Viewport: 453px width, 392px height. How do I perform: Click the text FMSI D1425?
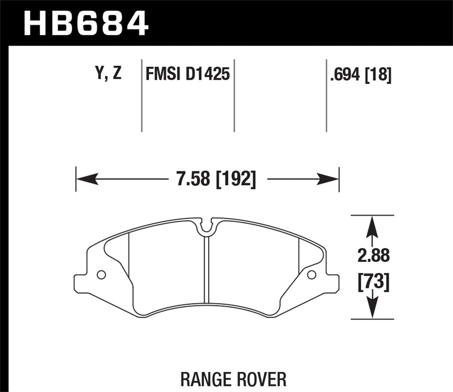(x=187, y=74)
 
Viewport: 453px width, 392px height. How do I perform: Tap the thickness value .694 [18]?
(x=360, y=75)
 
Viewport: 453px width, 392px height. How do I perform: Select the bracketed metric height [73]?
(x=373, y=282)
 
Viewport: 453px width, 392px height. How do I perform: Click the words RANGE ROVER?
(x=233, y=379)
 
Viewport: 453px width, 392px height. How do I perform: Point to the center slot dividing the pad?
(x=207, y=269)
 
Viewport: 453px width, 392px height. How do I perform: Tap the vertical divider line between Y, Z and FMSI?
(x=142, y=95)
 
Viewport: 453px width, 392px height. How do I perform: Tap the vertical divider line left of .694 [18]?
(x=327, y=95)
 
